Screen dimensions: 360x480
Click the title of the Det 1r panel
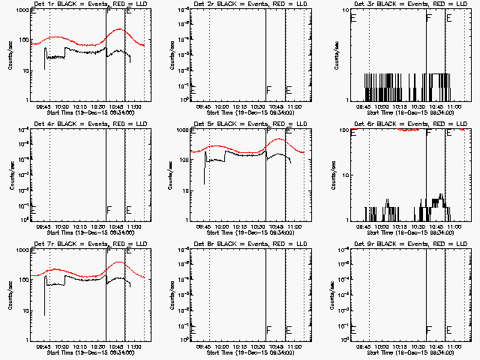[82, 4]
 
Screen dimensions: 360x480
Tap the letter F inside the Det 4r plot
[109, 210]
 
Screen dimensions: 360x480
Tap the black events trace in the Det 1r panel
[82, 52]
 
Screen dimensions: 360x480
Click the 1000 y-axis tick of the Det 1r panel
[22, 10]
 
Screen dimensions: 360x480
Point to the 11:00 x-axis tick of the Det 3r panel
[456, 106]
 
